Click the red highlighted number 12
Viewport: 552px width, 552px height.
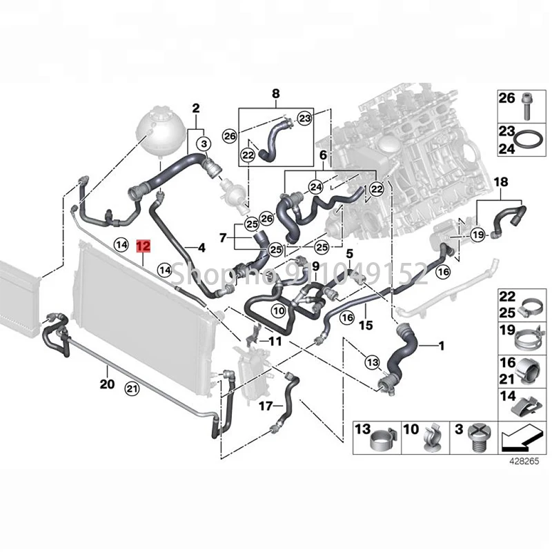(x=144, y=245)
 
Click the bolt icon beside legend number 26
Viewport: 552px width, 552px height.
(x=528, y=103)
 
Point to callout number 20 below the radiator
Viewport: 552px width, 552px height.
(x=106, y=384)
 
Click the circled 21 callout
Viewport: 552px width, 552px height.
(x=132, y=390)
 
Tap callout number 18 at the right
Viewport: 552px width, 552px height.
(x=502, y=182)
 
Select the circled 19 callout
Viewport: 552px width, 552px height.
(x=477, y=237)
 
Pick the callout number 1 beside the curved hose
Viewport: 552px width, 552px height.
(x=442, y=343)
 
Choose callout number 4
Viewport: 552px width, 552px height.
(x=201, y=247)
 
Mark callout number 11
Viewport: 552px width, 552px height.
(x=275, y=341)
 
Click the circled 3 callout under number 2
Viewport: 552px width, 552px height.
(x=204, y=144)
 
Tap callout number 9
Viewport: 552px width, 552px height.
(x=315, y=266)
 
